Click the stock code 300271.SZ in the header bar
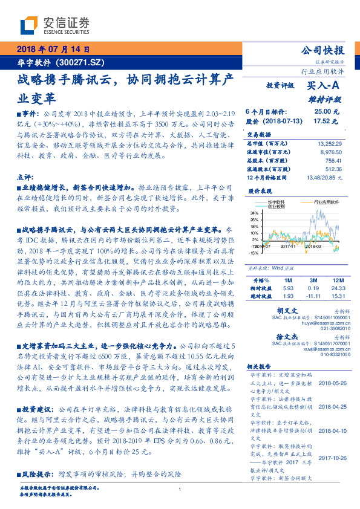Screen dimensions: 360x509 [x=82, y=63]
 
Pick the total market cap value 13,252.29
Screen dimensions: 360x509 [x=330, y=143]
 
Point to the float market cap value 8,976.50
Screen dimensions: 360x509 [x=332, y=152]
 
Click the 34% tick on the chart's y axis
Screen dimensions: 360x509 [x=254, y=213]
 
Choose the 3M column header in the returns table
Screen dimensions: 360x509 [x=312, y=281]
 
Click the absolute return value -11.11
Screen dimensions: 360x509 [x=312, y=296]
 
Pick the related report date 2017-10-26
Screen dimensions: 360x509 [x=331, y=458]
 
